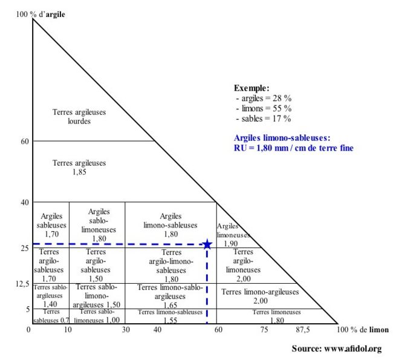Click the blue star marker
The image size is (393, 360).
207,244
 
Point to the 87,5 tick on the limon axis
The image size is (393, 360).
302,330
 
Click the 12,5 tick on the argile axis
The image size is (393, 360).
22,283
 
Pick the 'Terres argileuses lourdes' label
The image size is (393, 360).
79,116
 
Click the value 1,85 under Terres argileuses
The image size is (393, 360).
79,172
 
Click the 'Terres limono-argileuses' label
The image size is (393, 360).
260,292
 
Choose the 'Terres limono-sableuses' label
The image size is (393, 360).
170,312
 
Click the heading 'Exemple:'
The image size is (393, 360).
252,88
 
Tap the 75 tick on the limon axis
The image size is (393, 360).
264,330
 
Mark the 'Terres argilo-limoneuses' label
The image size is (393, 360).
243,261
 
